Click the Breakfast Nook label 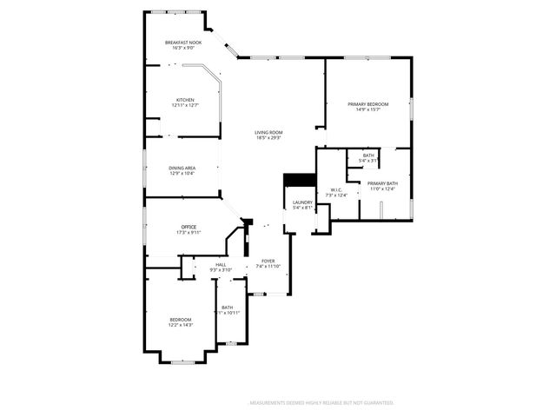click(x=183, y=43)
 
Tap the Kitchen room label click(x=185, y=100)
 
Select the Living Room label click(x=268, y=132)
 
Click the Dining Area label click(x=182, y=168)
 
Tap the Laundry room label click(x=302, y=202)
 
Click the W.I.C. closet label click(x=337, y=190)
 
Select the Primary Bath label click(x=382, y=183)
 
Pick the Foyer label click(x=268, y=261)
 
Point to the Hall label click(x=221, y=264)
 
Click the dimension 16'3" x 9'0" click(x=183, y=48)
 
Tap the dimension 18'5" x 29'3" click(x=268, y=137)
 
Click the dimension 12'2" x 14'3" click(x=180, y=324)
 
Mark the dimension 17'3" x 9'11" click(x=189, y=232)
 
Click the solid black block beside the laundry click(x=301, y=180)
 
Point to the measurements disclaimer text click(x=321, y=403)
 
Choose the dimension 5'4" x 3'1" click(x=369, y=161)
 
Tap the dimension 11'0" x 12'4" click(x=382, y=189)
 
